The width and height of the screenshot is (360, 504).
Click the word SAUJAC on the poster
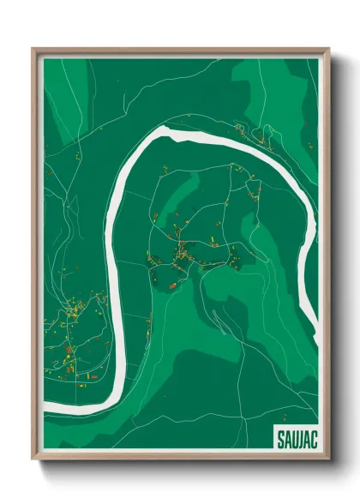point(294,438)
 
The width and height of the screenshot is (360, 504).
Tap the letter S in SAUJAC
point(280,438)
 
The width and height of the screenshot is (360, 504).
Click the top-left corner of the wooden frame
point(33,49)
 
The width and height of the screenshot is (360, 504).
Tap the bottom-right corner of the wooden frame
point(329,460)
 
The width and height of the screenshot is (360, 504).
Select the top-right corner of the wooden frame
point(329,49)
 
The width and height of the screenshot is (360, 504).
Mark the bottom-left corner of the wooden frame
point(33,460)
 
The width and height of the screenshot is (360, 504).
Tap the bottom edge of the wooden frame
point(180,458)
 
